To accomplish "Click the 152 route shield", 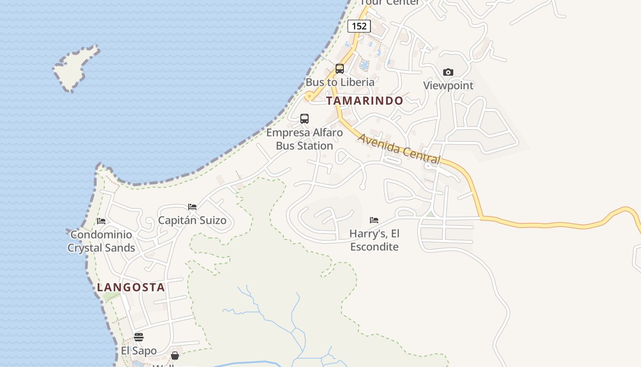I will [x=359, y=26].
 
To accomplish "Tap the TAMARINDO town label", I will [x=364, y=100].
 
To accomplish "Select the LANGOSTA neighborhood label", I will [x=131, y=288].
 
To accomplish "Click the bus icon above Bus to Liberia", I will [x=340, y=69].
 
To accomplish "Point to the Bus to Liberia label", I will [x=340, y=83].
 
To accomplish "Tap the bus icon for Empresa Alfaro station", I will [x=304, y=119].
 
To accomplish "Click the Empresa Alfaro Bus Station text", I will [x=304, y=139].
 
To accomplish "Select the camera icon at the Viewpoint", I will [x=448, y=72].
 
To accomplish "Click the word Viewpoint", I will [x=448, y=86].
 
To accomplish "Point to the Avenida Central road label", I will [x=399, y=149].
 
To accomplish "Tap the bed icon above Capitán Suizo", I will [x=192, y=207].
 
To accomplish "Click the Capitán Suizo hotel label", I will [x=192, y=221].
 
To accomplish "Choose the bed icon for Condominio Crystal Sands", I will [x=101, y=221].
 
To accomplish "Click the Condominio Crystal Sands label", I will [x=101, y=241].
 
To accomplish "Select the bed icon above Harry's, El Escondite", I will [x=374, y=220].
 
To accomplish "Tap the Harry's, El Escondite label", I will [x=374, y=240].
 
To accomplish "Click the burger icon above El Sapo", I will [x=139, y=337].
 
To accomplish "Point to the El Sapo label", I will [x=139, y=351].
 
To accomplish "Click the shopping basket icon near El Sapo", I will [x=175, y=356].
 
